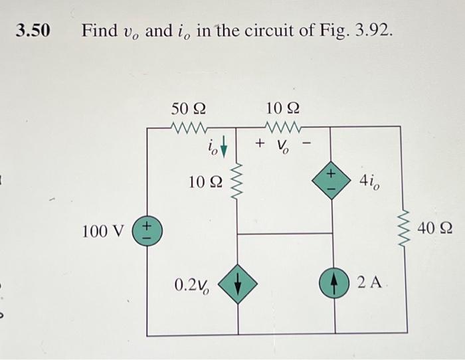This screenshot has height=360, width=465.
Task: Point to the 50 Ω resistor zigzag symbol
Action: [189, 126]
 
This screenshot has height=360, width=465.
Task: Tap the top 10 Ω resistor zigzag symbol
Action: [284, 126]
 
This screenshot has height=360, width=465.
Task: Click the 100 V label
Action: [103, 231]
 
